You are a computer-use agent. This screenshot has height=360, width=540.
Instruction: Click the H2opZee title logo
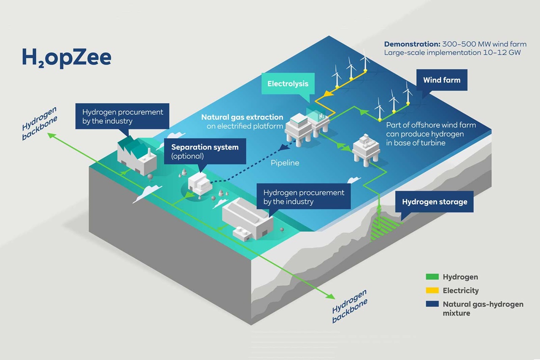click(66, 58)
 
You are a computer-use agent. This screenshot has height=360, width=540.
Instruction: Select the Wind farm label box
click(442, 80)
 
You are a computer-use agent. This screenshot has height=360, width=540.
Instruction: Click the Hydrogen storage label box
click(434, 202)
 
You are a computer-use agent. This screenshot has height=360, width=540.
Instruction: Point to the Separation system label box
click(205, 151)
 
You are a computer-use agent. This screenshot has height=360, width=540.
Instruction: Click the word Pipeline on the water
click(285, 163)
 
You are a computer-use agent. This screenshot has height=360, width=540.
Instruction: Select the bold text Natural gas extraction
click(242, 117)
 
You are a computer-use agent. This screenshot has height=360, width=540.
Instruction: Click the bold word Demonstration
click(411, 44)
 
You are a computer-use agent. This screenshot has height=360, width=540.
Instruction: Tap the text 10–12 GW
click(508, 53)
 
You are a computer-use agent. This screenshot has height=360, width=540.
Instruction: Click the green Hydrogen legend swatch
click(431, 277)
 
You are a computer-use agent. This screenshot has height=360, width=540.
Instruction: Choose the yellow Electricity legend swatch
click(431, 291)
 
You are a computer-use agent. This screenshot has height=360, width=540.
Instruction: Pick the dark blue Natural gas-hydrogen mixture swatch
click(431, 304)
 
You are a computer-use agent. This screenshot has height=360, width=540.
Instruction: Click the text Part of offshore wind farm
click(431, 125)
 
